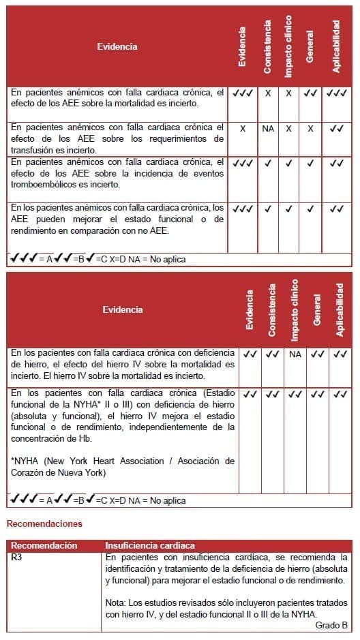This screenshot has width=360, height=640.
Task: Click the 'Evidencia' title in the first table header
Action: click(x=117, y=47)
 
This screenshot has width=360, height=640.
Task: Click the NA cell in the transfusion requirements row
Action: click(x=268, y=128)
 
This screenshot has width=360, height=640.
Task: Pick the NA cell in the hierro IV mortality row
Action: click(x=295, y=354)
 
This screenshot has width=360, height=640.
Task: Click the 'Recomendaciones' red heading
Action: click(x=44, y=523)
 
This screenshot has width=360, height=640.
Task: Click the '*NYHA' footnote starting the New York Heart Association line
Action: click(x=24, y=461)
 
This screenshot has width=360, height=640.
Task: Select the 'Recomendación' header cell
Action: click(x=44, y=546)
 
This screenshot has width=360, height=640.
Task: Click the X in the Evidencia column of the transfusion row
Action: click(x=243, y=128)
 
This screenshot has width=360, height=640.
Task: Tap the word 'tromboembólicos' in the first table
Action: click(x=44, y=184)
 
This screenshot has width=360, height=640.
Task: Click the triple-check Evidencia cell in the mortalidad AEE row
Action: click(x=243, y=92)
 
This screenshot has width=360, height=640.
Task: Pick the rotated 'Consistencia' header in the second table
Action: click(x=272, y=309)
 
